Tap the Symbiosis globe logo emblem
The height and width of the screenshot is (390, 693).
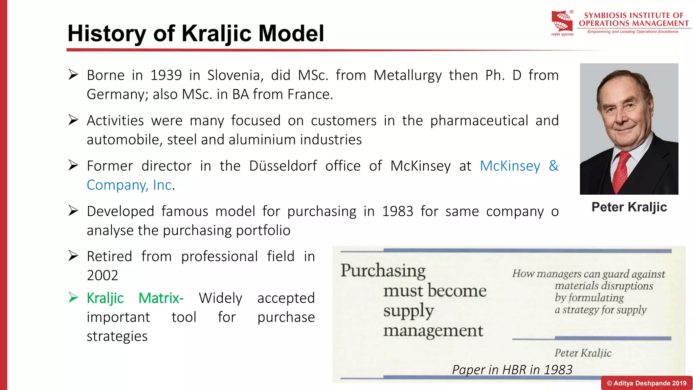coord(562,22)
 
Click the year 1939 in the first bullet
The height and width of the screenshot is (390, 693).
coord(166,75)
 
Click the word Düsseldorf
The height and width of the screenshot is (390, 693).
coord(283,166)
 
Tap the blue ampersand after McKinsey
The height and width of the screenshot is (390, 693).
coord(553,166)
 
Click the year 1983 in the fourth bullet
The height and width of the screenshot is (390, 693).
coord(398,212)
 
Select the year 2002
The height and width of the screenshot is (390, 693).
coord(103,275)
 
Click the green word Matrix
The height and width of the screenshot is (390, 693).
coord(159,298)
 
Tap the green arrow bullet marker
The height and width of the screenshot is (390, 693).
coord(73,297)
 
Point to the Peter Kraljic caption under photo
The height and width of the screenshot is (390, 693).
coord(629,207)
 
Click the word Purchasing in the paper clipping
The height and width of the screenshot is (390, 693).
coord(383,271)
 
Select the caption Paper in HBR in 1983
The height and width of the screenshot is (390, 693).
coord(512,370)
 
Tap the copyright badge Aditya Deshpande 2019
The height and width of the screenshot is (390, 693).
coord(647,383)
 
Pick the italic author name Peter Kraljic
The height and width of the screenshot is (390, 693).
coord(583,353)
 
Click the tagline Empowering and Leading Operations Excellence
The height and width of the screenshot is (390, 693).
coord(633,32)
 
